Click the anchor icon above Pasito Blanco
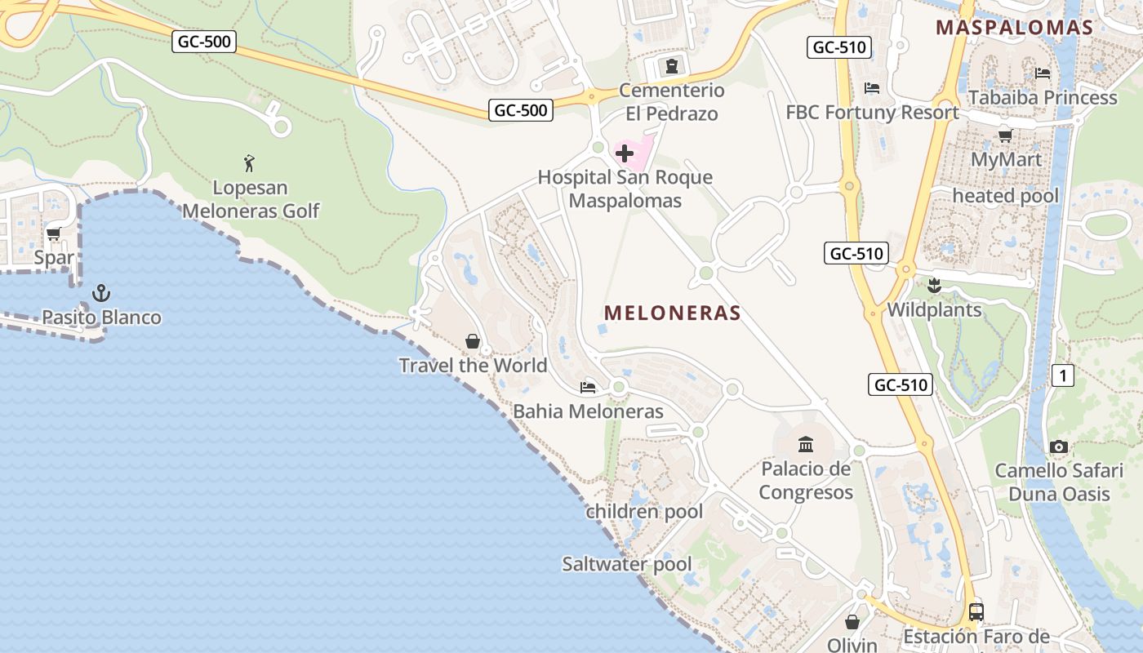click(x=101, y=292)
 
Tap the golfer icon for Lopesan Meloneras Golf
click(x=250, y=163)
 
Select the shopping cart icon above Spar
click(x=54, y=234)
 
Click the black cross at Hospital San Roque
click(x=625, y=153)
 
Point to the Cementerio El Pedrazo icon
click(x=672, y=66)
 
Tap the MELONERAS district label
click(x=672, y=313)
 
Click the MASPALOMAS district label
click(x=1014, y=27)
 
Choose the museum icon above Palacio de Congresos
click(x=806, y=444)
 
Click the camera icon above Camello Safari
click(x=1059, y=446)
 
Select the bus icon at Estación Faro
click(x=976, y=611)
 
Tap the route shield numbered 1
click(x=1062, y=375)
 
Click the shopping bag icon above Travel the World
click(x=472, y=341)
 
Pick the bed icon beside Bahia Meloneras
click(x=587, y=387)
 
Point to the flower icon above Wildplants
click(x=934, y=286)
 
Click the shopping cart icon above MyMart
click(x=1005, y=135)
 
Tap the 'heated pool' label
click(x=1005, y=196)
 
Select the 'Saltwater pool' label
click(x=626, y=564)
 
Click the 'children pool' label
click(x=643, y=512)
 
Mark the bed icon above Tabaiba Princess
click(x=1043, y=73)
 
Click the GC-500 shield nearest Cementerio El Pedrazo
click(x=521, y=110)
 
